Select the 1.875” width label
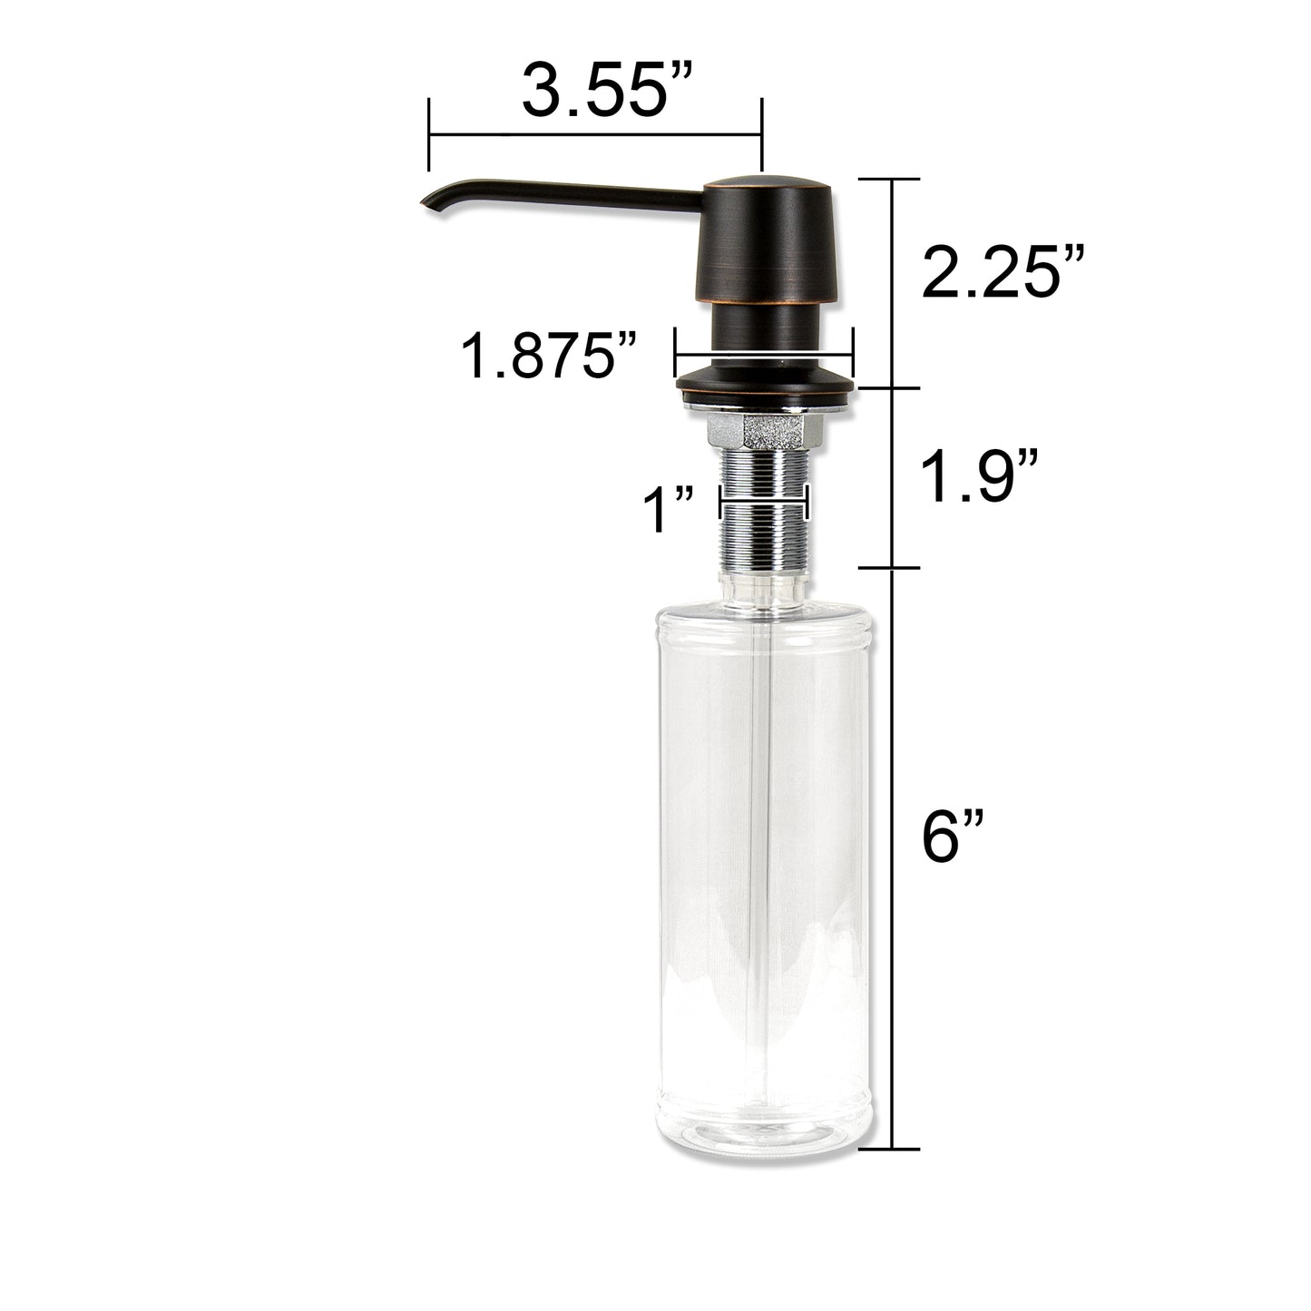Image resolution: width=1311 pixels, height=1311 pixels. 548,357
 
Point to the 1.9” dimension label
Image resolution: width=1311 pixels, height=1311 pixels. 979,477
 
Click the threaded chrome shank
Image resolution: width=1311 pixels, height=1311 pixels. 765,513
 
